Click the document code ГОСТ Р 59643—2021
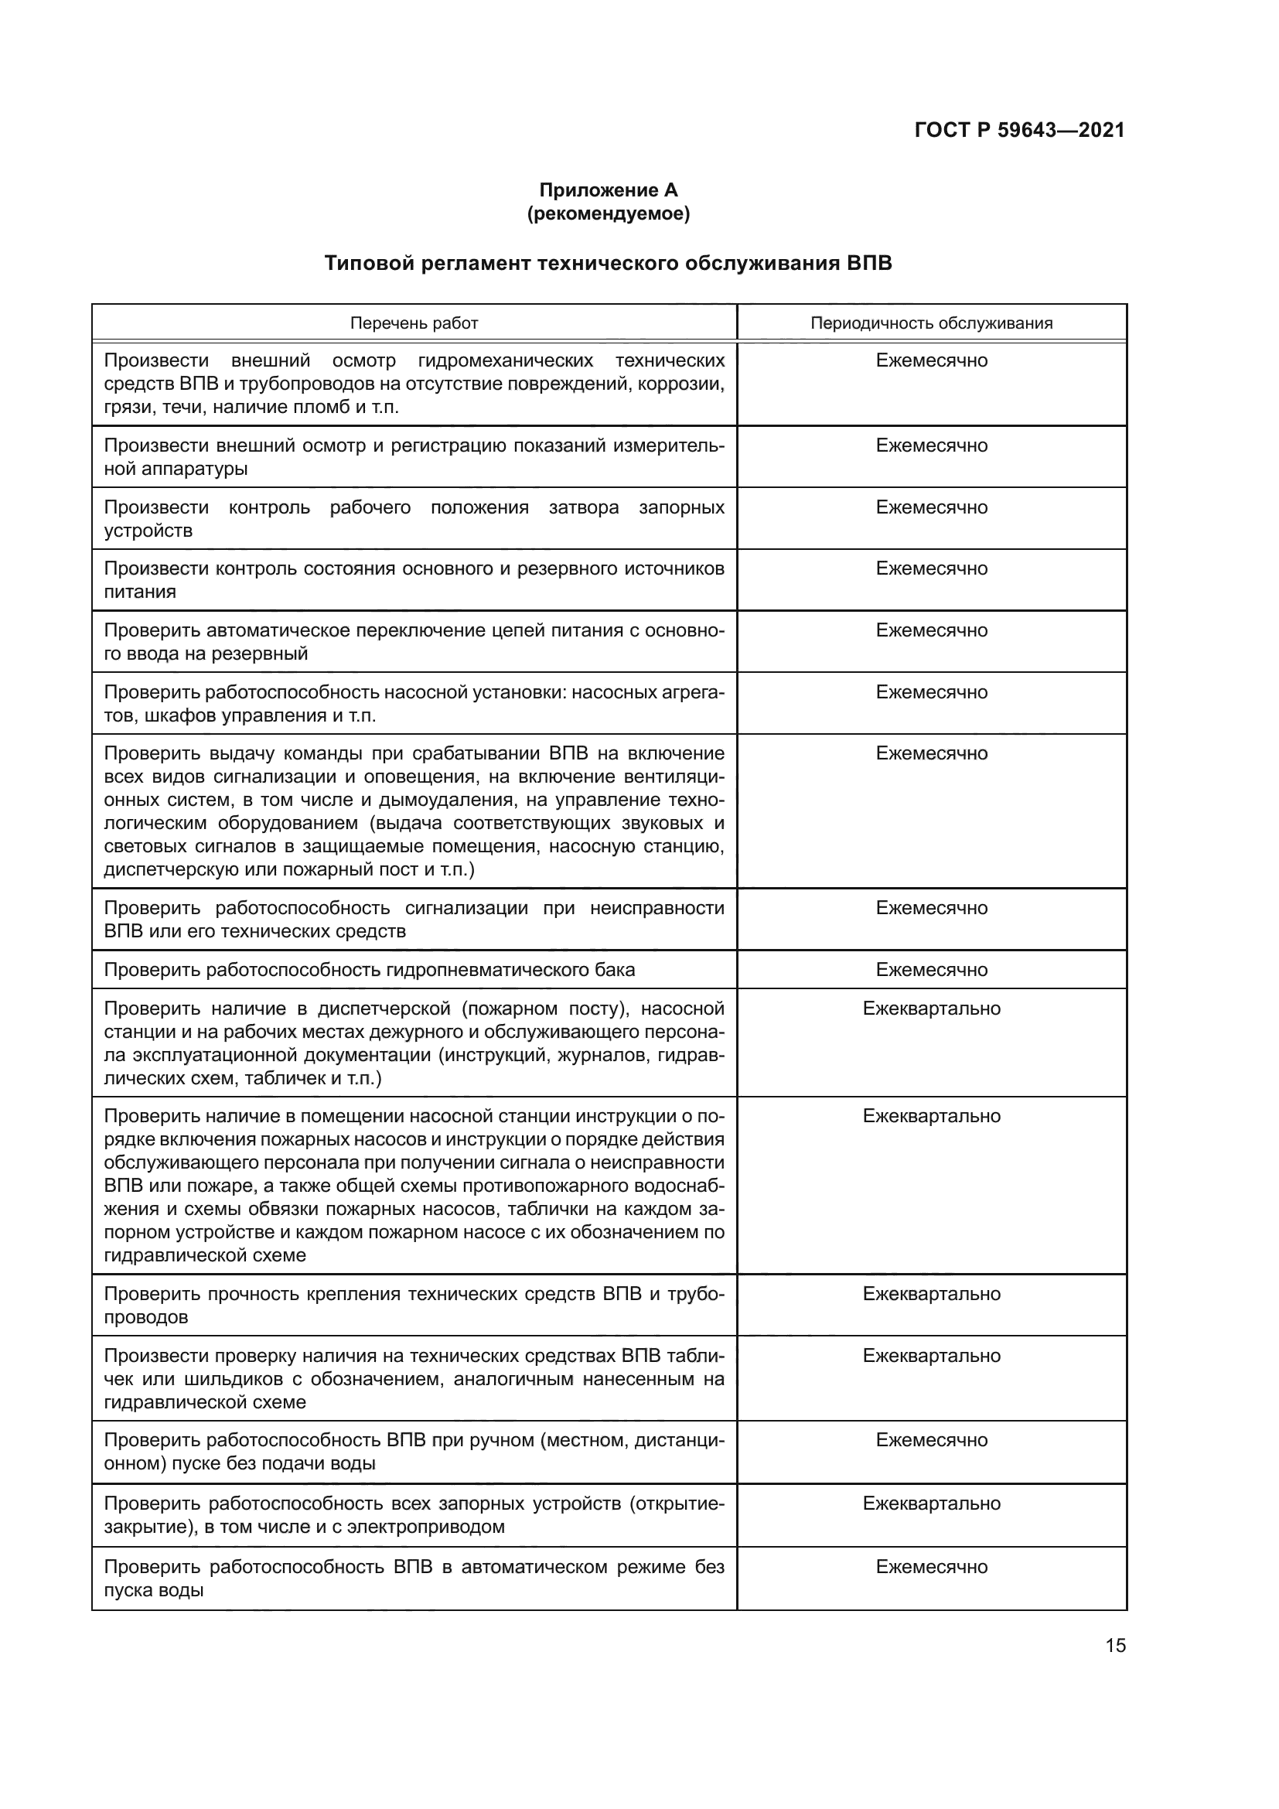coord(1019,130)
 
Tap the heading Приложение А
coord(608,190)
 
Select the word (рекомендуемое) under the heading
coord(608,213)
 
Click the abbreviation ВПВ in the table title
coord(868,263)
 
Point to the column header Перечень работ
coord(414,323)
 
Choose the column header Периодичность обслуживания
coord(931,323)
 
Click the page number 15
coord(1115,1645)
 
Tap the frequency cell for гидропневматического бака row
coord(931,970)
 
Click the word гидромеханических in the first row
coord(505,361)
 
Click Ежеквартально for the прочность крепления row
coord(931,1294)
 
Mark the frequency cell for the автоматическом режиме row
coord(931,1566)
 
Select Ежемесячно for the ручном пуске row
coord(931,1440)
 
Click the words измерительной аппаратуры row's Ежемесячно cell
coord(931,446)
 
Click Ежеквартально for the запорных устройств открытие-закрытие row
coord(931,1504)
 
